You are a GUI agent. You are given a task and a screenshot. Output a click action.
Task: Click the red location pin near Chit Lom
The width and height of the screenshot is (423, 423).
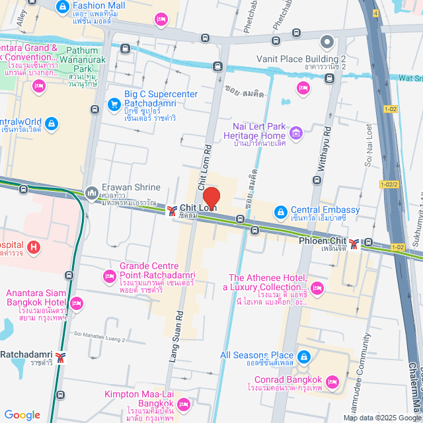coord(211,198)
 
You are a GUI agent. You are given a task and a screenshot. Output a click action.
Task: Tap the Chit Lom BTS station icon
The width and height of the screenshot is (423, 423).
coord(172,211)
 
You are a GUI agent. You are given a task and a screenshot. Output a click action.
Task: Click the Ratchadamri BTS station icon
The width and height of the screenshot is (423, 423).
coord(61,358)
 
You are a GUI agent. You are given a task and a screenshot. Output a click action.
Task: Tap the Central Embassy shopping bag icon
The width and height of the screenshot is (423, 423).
coord(280,211)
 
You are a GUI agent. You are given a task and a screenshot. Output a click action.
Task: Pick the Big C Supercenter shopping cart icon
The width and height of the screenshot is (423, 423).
coord(113,104)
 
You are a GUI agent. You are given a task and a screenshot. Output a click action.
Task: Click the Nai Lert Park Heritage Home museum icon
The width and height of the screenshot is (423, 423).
coord(296,135)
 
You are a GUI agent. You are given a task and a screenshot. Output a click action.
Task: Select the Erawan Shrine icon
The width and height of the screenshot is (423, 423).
coord(90,192)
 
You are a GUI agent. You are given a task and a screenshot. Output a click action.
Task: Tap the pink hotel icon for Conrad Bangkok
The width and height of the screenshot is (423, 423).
coord(332,381)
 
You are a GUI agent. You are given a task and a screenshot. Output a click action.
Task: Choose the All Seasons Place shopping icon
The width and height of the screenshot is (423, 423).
coord(303,357)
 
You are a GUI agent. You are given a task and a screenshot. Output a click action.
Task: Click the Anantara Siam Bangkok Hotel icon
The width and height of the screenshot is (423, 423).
coord(77,303)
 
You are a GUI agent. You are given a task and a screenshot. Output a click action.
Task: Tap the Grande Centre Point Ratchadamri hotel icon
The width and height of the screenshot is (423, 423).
coord(108,276)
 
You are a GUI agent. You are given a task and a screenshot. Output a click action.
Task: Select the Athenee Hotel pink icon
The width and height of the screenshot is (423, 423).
coord(317,287)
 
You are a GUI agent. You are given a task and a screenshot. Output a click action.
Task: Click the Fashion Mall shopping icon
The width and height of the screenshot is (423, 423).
coord(62,7)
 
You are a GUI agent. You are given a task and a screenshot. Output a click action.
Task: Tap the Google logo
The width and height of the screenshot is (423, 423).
coord(22,414)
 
